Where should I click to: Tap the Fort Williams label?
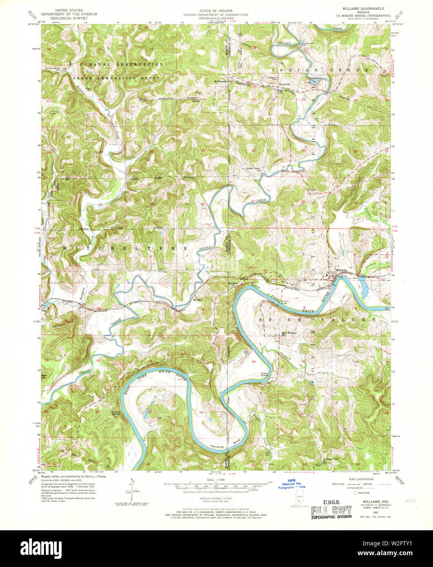coord(290,332)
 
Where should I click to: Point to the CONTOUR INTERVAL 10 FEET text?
coord(216,499)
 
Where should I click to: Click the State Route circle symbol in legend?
coord(355,493)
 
